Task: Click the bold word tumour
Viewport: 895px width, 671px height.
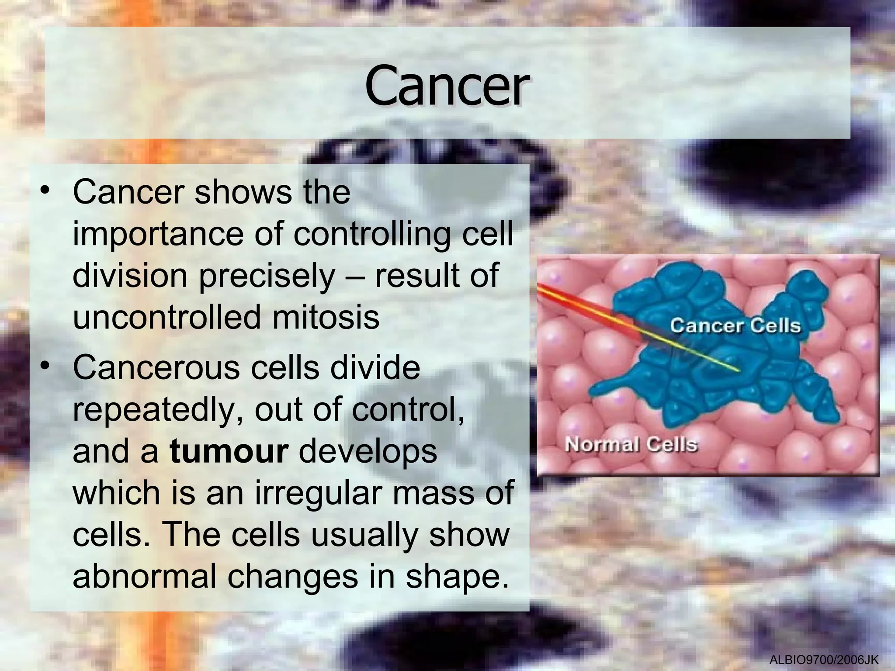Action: [x=229, y=451]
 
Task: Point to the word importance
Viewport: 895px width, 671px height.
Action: [x=157, y=235]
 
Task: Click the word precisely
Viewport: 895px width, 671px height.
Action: [x=267, y=277]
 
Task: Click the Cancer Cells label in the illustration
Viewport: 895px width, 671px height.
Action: [x=735, y=326]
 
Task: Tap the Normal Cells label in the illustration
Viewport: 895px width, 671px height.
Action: [x=631, y=445]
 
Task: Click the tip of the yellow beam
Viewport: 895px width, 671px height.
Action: [x=738, y=371]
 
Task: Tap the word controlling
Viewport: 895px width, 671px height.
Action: [x=372, y=235]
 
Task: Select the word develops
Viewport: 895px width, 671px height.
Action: [x=368, y=451]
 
